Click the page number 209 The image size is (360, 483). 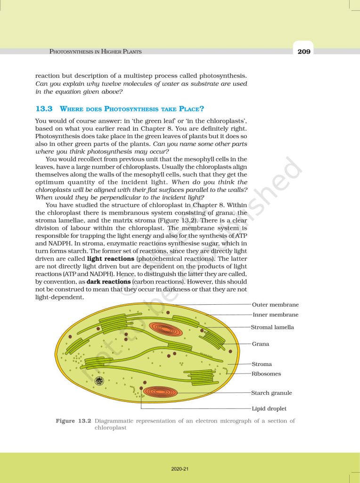(304, 51)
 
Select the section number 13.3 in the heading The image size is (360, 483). (43, 108)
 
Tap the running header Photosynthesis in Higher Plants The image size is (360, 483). (96, 51)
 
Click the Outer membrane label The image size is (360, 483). (276, 305)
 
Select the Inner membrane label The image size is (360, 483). (276, 315)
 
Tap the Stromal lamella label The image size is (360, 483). (272, 327)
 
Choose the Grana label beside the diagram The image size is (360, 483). (261, 344)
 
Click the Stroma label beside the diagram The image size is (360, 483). (262, 364)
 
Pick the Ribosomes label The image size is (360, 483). (266, 374)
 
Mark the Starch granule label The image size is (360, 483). (271, 392)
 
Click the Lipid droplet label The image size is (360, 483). (269, 408)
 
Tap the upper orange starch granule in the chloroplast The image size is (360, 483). (165, 329)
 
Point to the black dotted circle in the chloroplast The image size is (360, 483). (99, 380)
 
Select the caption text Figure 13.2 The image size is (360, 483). (73, 421)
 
